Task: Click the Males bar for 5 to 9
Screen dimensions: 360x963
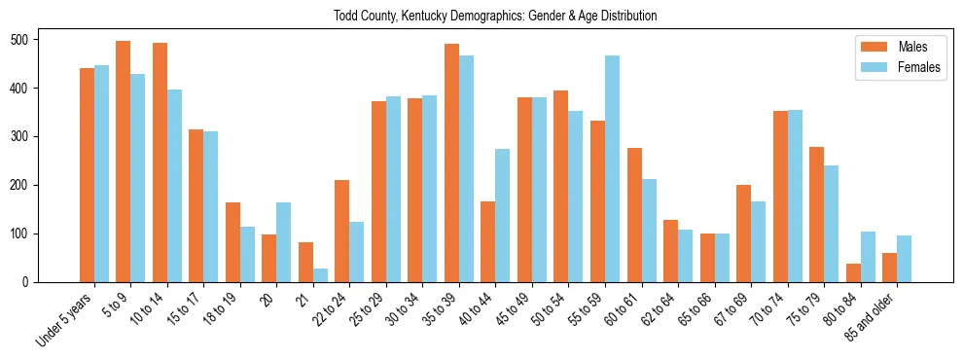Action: tap(124, 162)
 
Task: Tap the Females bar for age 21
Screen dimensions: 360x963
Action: tap(320, 275)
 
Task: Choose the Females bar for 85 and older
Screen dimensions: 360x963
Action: tap(905, 259)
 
